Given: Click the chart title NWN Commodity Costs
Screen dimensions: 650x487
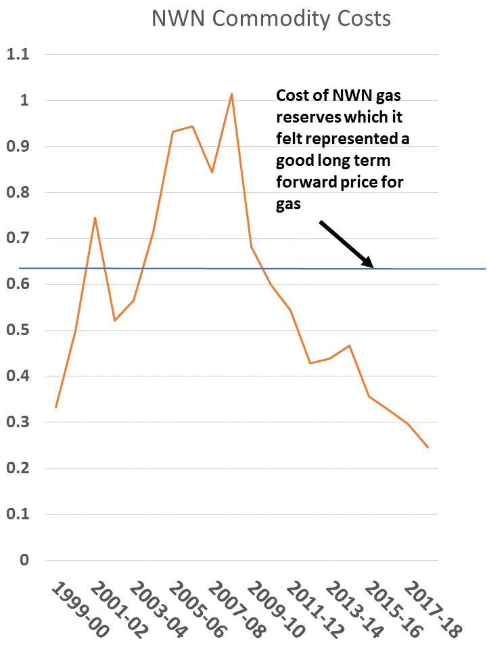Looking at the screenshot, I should coord(271,18).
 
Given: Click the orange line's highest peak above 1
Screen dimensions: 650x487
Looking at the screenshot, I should coord(231,94).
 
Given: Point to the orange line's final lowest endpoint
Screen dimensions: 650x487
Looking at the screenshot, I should coord(427,448).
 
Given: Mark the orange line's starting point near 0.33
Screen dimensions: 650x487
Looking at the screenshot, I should coord(55,408).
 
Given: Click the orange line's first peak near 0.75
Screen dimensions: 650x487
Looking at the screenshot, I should coord(95,217).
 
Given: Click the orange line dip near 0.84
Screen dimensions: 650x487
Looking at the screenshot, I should coord(212,172).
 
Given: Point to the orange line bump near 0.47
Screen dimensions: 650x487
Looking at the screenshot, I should coord(349,345).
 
